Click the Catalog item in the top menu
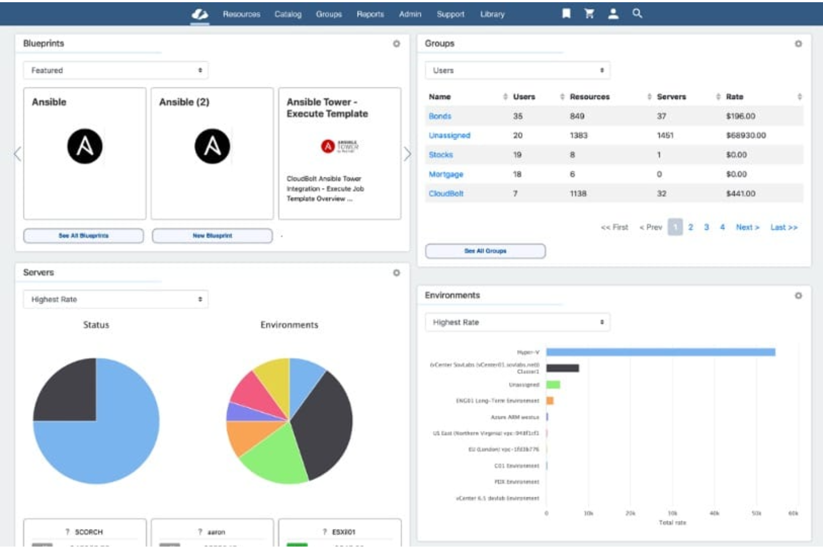[x=287, y=14]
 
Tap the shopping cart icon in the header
[x=589, y=14]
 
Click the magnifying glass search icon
[x=637, y=13]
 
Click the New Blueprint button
[x=212, y=236]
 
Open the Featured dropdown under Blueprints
[x=116, y=71]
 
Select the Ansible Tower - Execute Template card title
[x=327, y=108]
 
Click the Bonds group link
[x=440, y=116]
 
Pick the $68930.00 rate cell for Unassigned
[x=746, y=136]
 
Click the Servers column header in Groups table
[x=671, y=97]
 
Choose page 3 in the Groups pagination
[x=706, y=227]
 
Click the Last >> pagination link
[x=784, y=227]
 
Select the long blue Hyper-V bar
[x=660, y=352]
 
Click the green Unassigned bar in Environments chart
[x=553, y=384]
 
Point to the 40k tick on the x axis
[x=714, y=513]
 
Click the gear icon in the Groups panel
[x=798, y=44]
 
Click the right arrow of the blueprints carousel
[x=408, y=154]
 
